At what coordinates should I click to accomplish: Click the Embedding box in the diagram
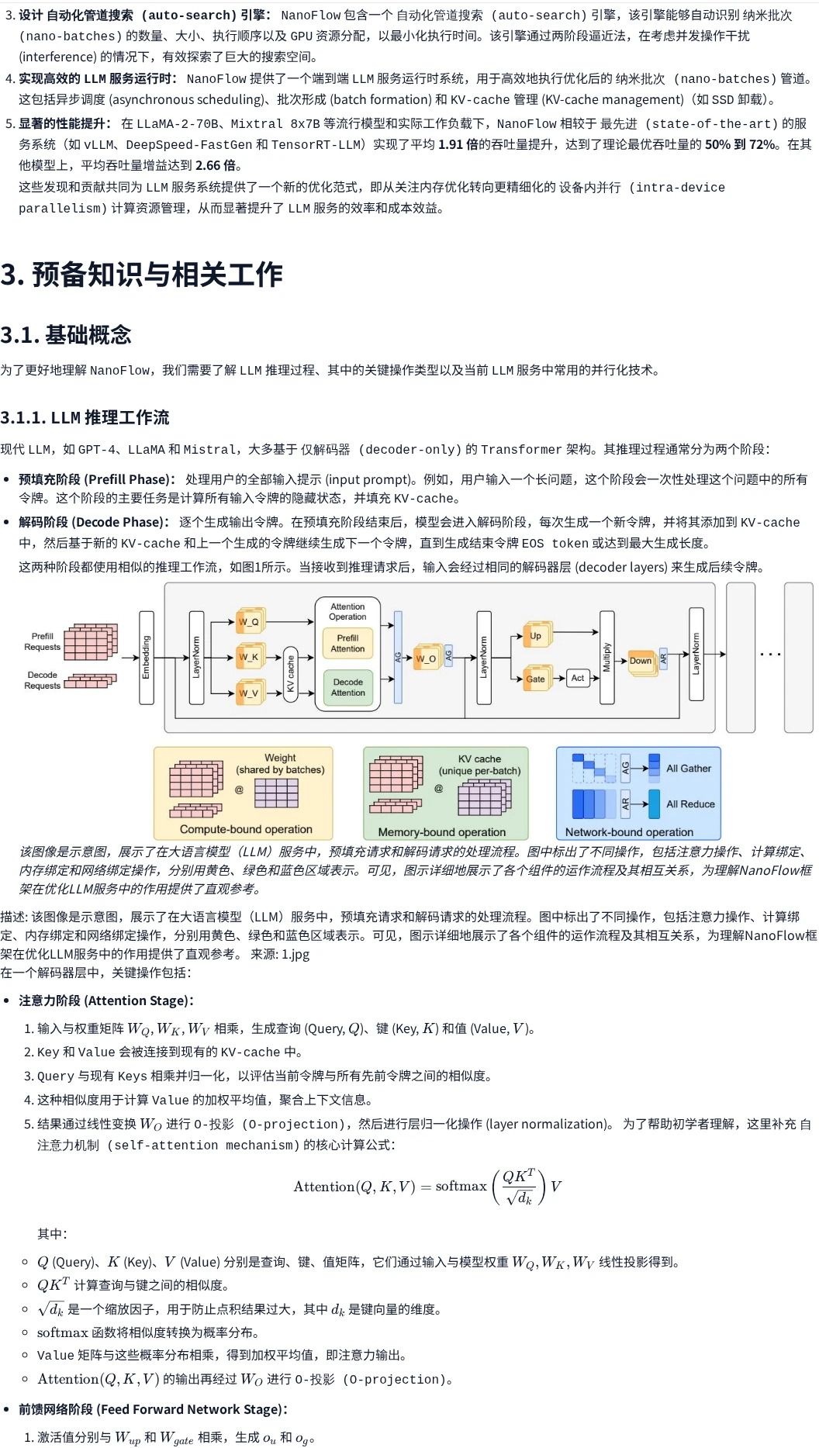point(147,658)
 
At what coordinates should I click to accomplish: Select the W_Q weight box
point(250,621)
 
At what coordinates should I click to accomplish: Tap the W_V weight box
point(250,693)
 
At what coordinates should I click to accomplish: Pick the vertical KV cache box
point(291,674)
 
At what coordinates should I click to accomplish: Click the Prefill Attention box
point(347,644)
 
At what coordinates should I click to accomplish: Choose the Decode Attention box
point(347,687)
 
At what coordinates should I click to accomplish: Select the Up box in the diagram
point(536,636)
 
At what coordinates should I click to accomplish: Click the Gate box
point(537,679)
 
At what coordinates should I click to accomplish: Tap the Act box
point(578,678)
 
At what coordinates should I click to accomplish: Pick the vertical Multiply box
point(607,658)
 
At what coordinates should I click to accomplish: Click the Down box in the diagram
point(641,661)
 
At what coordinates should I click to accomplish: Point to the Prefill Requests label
point(43,641)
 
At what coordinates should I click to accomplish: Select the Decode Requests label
point(43,680)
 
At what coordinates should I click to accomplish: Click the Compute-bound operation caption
point(246,829)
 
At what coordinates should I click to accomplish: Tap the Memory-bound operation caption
point(442,831)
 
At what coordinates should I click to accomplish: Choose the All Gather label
point(689,769)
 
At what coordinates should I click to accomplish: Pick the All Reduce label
point(690,804)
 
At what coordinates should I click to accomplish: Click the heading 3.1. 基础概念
point(66,335)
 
